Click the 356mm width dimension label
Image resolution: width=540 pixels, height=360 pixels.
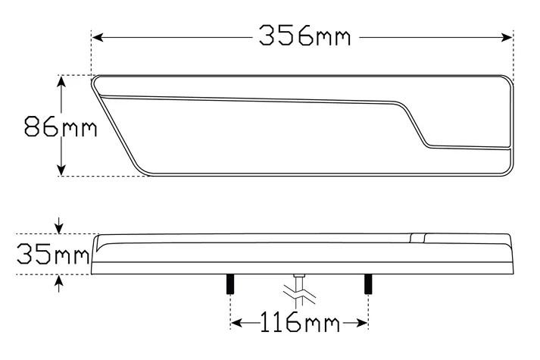(x=304, y=35)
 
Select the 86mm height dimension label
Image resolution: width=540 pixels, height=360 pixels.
(x=61, y=126)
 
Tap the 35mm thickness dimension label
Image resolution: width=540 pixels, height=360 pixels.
(x=52, y=255)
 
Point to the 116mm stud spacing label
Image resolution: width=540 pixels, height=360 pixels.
(x=299, y=324)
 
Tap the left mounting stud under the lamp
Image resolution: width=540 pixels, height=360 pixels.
(x=228, y=284)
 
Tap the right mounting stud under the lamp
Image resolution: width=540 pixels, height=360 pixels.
(x=368, y=284)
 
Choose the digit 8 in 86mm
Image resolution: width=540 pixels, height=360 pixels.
(x=34, y=126)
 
